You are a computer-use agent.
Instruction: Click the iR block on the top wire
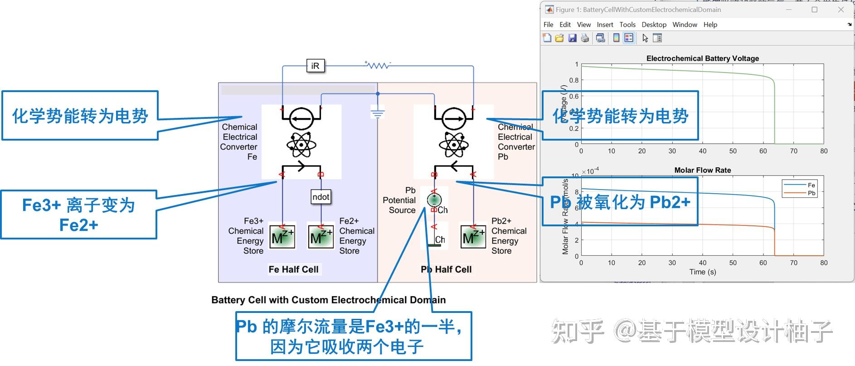(315, 66)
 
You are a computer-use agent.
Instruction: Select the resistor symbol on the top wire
(378, 65)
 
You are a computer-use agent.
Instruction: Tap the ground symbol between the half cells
(378, 113)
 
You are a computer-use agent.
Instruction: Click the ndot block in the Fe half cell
(321, 197)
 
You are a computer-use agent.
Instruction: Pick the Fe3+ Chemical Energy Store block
(282, 237)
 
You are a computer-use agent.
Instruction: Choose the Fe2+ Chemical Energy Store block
(321, 237)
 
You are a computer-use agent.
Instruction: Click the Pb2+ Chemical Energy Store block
(473, 237)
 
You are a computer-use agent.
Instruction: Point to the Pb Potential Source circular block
(434, 200)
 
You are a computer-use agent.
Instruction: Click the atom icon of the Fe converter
(301, 145)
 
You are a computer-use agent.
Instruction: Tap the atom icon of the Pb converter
(454, 145)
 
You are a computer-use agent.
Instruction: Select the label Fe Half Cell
(293, 269)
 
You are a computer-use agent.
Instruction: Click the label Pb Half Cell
(446, 269)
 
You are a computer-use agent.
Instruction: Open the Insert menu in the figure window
(605, 24)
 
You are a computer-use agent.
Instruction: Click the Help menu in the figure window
(710, 24)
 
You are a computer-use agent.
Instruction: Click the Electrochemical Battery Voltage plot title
(702, 59)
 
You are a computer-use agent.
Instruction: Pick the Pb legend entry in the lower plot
(811, 193)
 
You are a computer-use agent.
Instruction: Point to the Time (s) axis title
(702, 272)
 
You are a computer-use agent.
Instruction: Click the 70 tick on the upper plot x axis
(793, 151)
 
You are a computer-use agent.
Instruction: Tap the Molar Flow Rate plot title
(702, 170)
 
